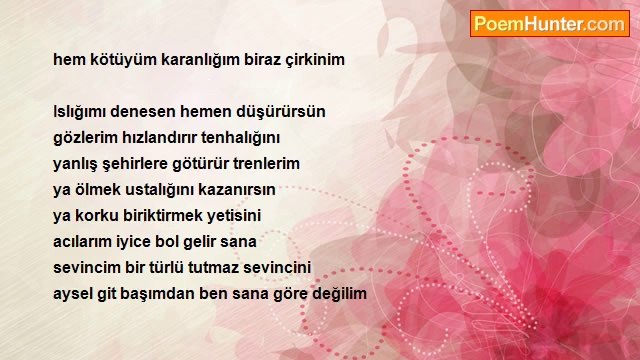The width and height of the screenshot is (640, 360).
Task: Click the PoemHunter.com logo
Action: click(x=549, y=24)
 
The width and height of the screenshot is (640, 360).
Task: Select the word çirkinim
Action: click(x=313, y=59)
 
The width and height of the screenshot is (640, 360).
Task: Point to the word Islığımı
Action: click(x=84, y=111)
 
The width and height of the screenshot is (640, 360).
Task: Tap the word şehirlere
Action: click(x=137, y=163)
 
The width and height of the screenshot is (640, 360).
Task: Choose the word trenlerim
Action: click(x=263, y=163)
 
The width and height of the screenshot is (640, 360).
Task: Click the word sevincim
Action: click(x=87, y=267)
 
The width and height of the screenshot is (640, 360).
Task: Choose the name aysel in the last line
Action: click(x=72, y=294)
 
